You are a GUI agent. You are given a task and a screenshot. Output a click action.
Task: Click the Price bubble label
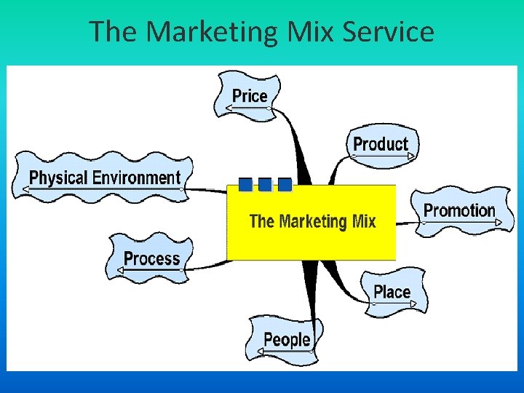pyautogui.click(x=250, y=95)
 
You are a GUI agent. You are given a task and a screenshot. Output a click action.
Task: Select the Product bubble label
pyautogui.click(x=381, y=143)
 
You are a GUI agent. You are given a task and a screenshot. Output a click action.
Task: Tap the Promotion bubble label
pyautogui.click(x=459, y=210)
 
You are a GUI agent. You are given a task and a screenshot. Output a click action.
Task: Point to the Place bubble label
pyautogui.click(x=392, y=292)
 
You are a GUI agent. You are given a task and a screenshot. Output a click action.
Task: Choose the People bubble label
pyautogui.click(x=287, y=338)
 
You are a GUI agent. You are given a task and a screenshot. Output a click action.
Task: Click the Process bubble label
pyautogui.click(x=151, y=258)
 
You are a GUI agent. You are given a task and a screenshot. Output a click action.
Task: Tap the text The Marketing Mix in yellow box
pyautogui.click(x=312, y=221)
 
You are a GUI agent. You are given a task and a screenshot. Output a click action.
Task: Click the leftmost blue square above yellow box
pyautogui.click(x=246, y=185)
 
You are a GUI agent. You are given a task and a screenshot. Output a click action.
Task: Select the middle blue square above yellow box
pyautogui.click(x=265, y=185)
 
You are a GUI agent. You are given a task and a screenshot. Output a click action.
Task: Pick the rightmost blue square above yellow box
pyautogui.click(x=285, y=185)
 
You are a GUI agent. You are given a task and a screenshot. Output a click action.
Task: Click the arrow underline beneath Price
pyautogui.click(x=247, y=108)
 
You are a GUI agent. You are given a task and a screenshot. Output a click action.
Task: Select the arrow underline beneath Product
pyautogui.click(x=381, y=156)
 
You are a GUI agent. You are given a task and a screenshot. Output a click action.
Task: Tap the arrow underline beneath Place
pyautogui.click(x=393, y=305)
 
